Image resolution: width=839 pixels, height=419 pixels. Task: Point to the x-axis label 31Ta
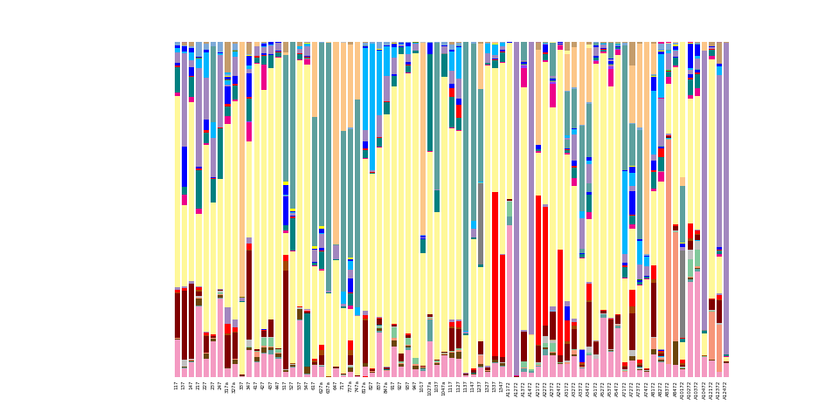tap(227, 387)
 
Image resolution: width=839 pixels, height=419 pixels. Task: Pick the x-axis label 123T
tap(480, 386)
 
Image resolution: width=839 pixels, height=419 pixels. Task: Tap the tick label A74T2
tap(645, 388)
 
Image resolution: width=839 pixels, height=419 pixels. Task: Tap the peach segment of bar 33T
tap(242, 175)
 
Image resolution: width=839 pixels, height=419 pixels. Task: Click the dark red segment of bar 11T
tap(177, 314)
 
